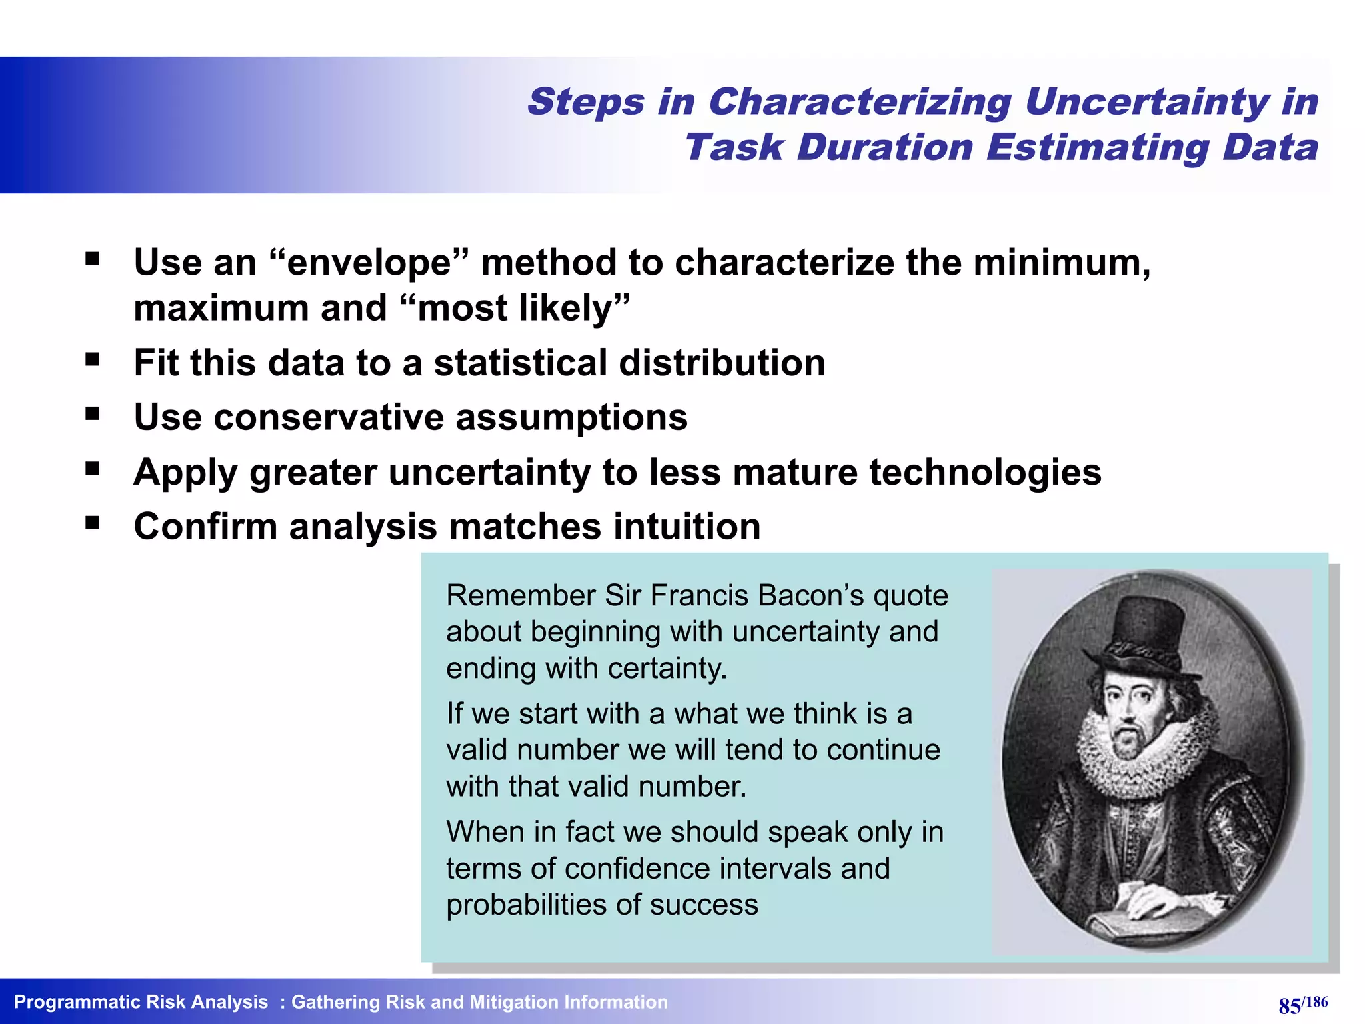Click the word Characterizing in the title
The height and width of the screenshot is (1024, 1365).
point(860,103)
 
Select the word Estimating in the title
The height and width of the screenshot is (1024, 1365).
point(1097,147)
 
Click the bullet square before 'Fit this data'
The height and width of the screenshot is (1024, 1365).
point(92,360)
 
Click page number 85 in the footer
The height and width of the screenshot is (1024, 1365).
point(1289,1005)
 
